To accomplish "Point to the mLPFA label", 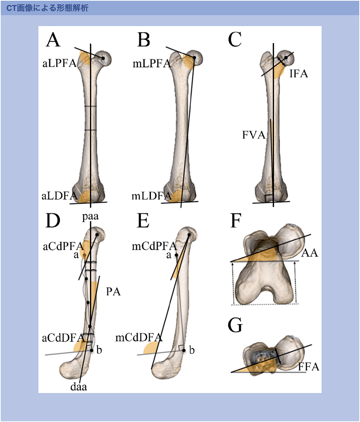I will [x=151, y=64].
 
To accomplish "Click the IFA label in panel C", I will [x=298, y=74].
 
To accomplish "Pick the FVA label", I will [x=254, y=135].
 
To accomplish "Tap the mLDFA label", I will [x=151, y=196].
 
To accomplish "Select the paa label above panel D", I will [x=90, y=217].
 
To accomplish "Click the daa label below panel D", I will [x=79, y=387].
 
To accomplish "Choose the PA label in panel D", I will [x=113, y=292].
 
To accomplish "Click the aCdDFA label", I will [x=63, y=338].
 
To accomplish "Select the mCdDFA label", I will [x=139, y=338].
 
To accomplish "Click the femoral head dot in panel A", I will [x=103, y=58].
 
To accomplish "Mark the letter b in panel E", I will [x=192, y=350].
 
